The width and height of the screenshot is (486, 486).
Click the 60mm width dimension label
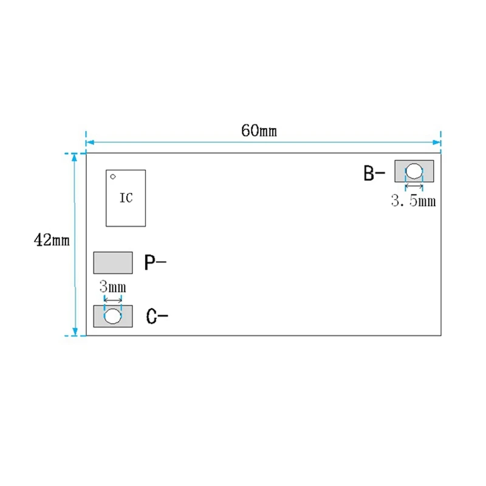[x=258, y=131]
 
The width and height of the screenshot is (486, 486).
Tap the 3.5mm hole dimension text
[x=414, y=201]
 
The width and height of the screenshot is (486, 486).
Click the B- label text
[x=374, y=174]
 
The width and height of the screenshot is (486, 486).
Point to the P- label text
[x=155, y=263]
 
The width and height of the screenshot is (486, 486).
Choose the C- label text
[x=157, y=317]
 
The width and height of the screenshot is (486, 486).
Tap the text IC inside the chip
[x=126, y=198]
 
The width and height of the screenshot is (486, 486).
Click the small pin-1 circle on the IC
[x=112, y=177]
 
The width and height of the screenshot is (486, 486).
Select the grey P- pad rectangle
[x=113, y=262]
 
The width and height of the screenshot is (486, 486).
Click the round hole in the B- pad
[x=414, y=171]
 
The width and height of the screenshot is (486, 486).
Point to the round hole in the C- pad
[x=113, y=316]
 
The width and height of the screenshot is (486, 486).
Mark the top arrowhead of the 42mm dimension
[x=75, y=156]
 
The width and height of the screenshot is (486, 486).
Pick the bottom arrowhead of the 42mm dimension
[x=75, y=332]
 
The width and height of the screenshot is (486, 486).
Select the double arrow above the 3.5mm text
[x=414, y=187]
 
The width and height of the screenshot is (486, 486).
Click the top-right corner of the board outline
[x=441, y=153]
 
